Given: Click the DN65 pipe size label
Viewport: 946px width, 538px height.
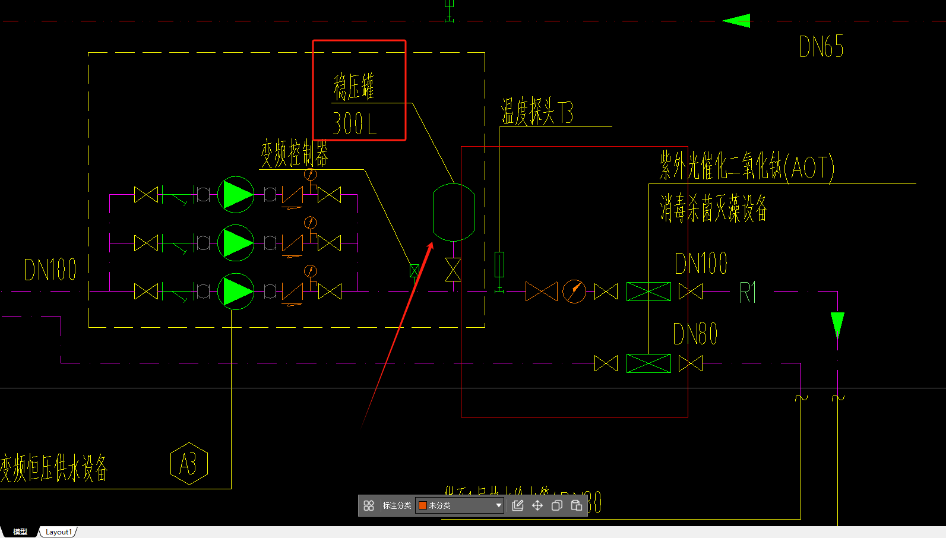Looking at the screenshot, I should (821, 46).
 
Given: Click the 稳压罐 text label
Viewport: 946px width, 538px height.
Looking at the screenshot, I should (354, 87).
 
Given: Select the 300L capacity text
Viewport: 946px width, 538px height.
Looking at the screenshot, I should (354, 124).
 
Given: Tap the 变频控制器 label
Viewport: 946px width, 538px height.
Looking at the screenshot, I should (295, 154).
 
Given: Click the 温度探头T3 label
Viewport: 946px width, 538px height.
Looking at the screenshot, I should (537, 112).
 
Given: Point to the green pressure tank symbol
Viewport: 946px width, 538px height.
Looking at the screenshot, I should (454, 212).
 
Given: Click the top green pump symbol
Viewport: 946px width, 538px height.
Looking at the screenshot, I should (236, 195).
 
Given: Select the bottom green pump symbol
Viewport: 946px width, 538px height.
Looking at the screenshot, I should (236, 292).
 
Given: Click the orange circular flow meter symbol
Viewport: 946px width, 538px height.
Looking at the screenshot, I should (574, 292).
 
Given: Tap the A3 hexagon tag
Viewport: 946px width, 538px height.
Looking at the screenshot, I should (189, 464).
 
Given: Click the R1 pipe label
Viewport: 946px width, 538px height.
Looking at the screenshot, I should (748, 293).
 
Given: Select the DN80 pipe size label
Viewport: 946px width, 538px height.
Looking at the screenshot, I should (695, 334).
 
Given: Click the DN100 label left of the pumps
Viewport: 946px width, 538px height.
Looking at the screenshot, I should (50, 270).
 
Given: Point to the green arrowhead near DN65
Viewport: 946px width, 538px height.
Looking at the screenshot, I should (737, 21).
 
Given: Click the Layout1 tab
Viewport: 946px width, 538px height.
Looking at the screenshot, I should (58, 532).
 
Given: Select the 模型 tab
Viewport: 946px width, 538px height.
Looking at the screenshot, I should (20, 532).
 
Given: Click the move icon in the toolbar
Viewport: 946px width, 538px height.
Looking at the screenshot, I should (537, 505).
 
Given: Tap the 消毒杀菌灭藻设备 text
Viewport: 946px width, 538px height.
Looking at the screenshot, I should (714, 208).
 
